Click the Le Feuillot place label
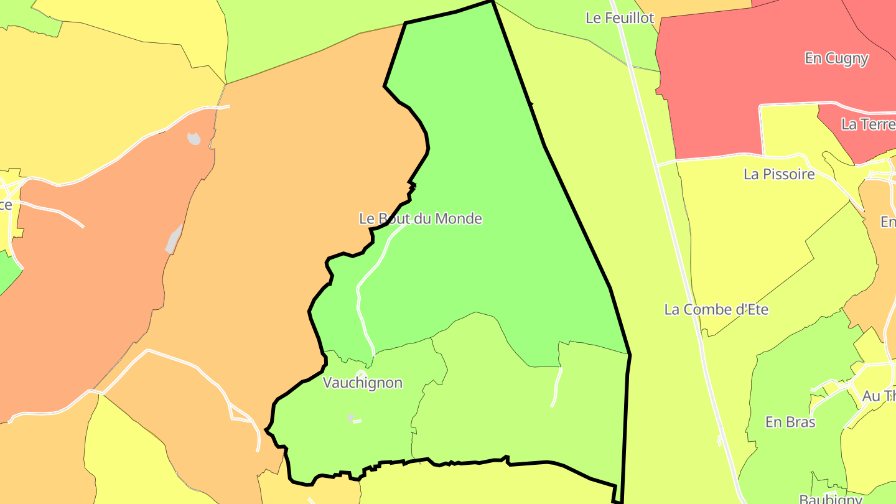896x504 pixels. coord(620,18)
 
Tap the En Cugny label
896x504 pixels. coord(836,58)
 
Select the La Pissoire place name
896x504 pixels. coord(779,174)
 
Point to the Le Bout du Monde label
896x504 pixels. coord(421,219)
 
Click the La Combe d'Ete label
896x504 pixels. coord(716,309)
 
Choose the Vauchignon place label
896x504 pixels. coord(363,383)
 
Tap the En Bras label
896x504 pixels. coord(790,422)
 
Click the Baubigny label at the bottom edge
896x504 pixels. coord(831,499)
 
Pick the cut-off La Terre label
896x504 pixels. coord(868,124)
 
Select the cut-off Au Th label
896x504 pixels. coord(879,396)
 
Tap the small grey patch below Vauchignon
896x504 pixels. coord(351,418)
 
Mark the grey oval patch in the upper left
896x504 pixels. coord(194,138)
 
